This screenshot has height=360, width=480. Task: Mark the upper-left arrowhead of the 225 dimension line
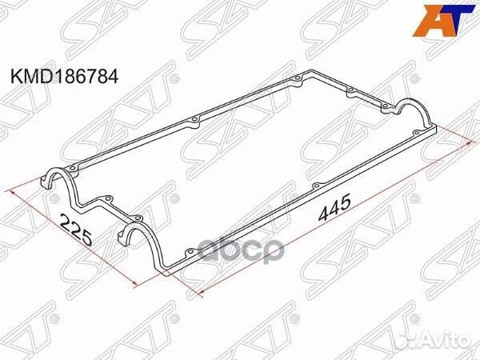[x=11, y=191]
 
